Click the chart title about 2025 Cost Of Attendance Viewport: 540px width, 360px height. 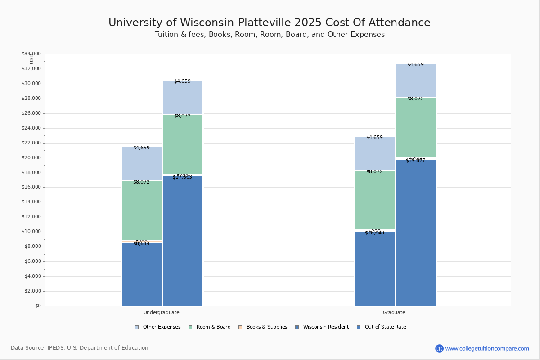click(x=269, y=22)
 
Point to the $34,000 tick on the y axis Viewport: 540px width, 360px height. click(x=31, y=54)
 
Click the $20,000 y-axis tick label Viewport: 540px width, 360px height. click(x=31, y=158)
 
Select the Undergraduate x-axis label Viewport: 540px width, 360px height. click(x=162, y=312)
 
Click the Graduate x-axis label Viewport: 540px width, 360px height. click(x=394, y=312)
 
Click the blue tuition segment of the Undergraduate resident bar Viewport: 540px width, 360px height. click(x=142, y=274)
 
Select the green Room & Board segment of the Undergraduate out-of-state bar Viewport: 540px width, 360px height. click(x=183, y=144)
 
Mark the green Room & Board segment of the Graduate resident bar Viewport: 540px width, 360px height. click(x=375, y=200)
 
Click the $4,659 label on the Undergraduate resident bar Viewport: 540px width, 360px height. click(x=141, y=148)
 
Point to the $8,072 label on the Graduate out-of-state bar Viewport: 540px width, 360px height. click(x=415, y=99)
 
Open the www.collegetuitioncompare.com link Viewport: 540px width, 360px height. click(x=487, y=348)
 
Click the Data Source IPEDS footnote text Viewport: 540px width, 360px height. click(x=80, y=348)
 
